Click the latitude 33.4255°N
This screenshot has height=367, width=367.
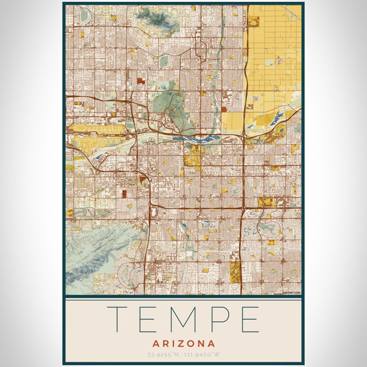163,355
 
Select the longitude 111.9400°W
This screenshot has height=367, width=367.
202,355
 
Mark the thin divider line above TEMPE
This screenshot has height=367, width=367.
183,299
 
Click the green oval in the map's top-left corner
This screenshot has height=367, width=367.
82,13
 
